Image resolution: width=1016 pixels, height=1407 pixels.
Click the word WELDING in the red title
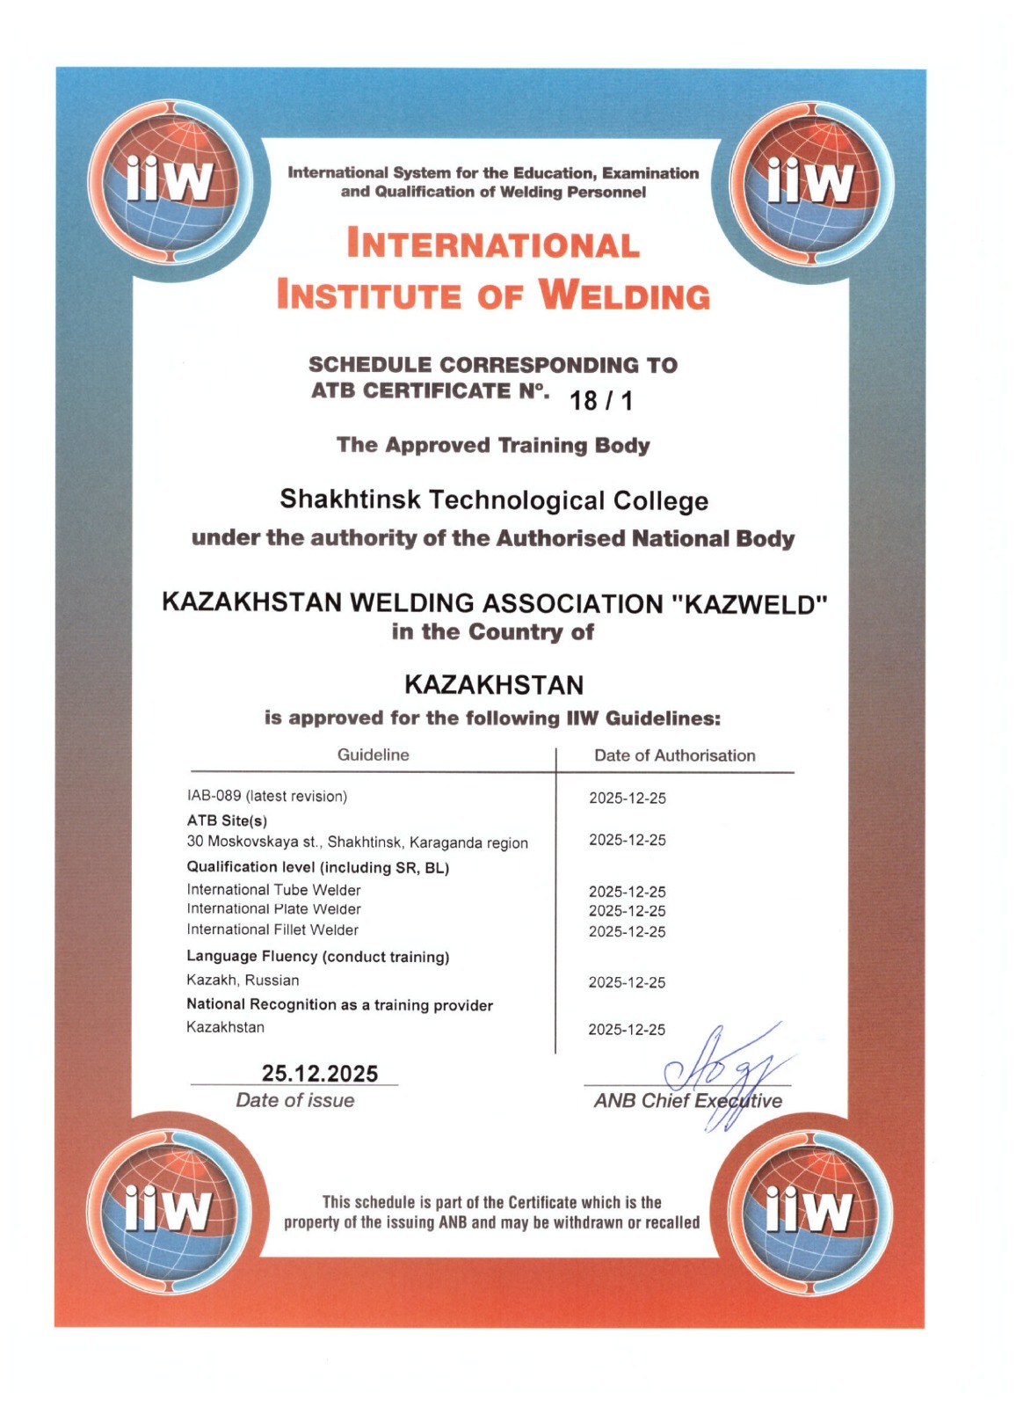click(x=623, y=295)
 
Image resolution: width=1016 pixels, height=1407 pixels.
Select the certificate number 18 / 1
click(x=601, y=401)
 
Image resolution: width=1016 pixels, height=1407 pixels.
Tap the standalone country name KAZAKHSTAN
click(x=494, y=684)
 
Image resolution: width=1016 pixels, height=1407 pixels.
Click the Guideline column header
click(x=373, y=755)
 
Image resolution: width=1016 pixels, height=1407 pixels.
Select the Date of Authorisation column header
click(x=674, y=755)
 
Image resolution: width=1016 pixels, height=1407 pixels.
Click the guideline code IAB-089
click(x=214, y=796)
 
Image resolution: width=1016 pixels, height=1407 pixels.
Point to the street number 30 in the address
click(x=194, y=842)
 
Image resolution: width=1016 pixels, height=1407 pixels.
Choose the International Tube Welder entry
click(x=273, y=890)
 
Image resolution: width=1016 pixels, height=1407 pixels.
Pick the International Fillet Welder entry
click(x=272, y=929)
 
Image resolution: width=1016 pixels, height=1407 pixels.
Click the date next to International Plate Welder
click(x=628, y=911)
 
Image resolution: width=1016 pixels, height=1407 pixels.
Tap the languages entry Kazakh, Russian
click(x=243, y=980)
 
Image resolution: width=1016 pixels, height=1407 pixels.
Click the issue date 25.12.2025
click(x=320, y=1073)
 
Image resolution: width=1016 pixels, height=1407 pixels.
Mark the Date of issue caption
click(x=295, y=1100)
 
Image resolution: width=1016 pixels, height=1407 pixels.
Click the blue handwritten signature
click(x=721, y=1071)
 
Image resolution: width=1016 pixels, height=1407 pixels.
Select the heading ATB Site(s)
click(x=227, y=820)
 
